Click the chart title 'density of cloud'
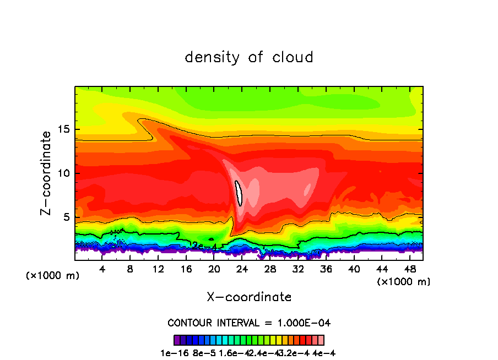pos(249,57)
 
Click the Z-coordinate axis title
pos(47,173)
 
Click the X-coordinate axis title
pos(249,297)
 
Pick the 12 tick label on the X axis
pos(158,269)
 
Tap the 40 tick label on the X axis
pos(354,269)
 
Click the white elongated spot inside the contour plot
pos(239,193)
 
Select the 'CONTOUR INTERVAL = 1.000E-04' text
pos(249,323)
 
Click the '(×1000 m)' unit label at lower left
pos(53,276)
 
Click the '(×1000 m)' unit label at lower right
pos(404,282)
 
